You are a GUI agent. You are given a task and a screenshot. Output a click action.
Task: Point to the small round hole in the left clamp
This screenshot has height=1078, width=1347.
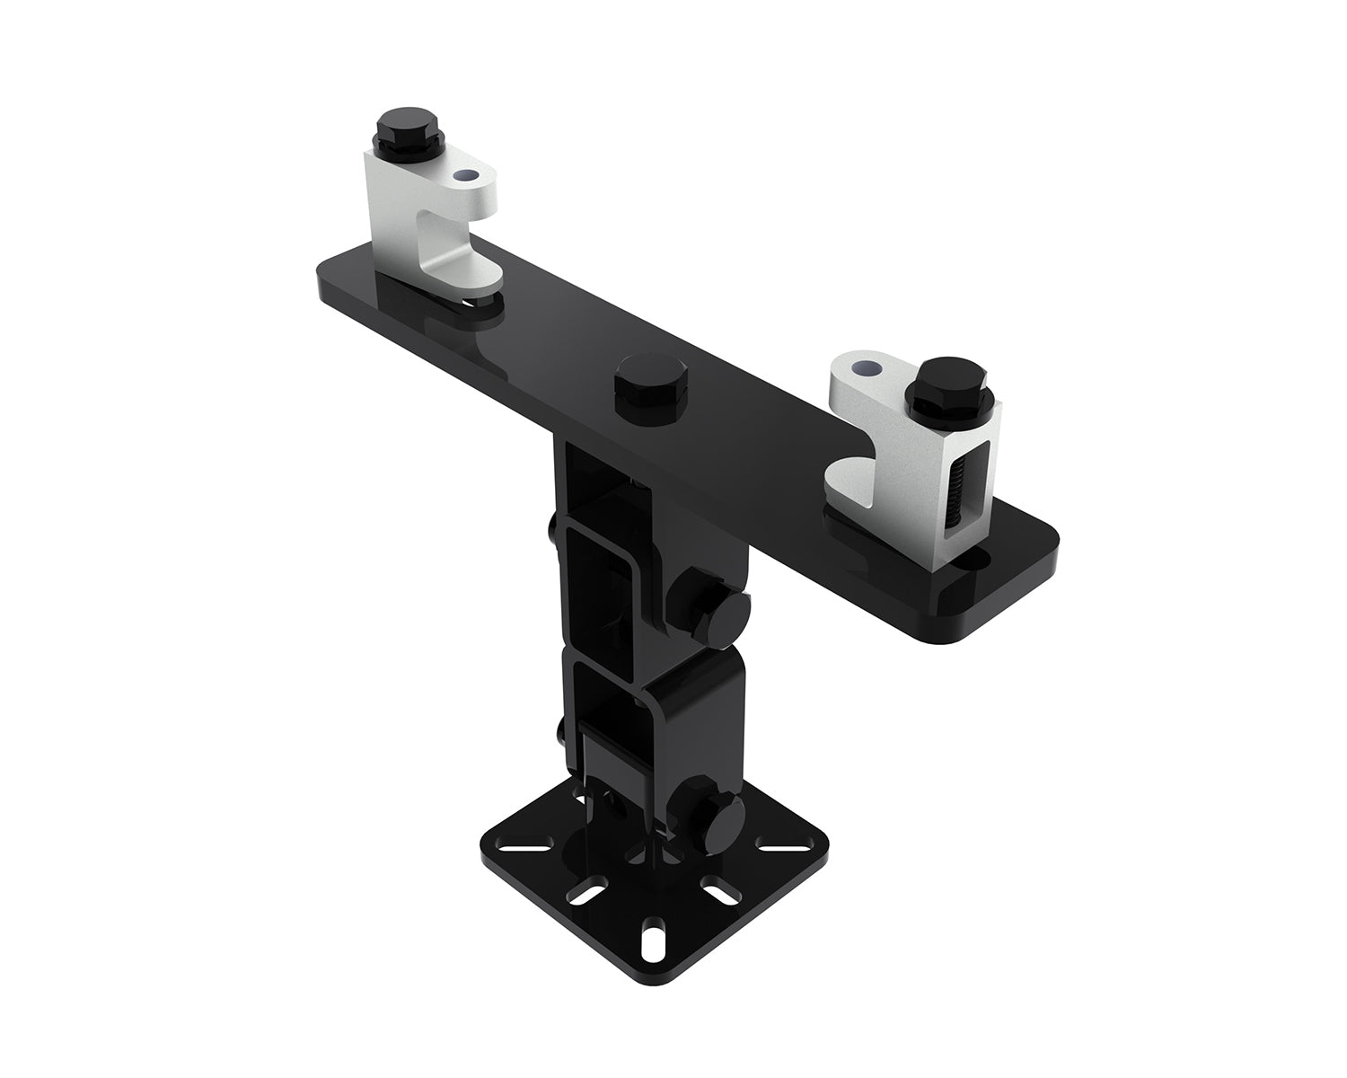click(x=465, y=177)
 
